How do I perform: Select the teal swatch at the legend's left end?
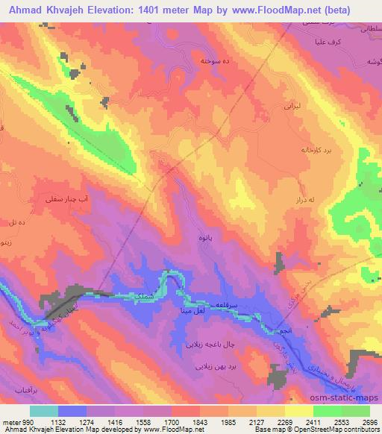(x=43, y=411)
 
